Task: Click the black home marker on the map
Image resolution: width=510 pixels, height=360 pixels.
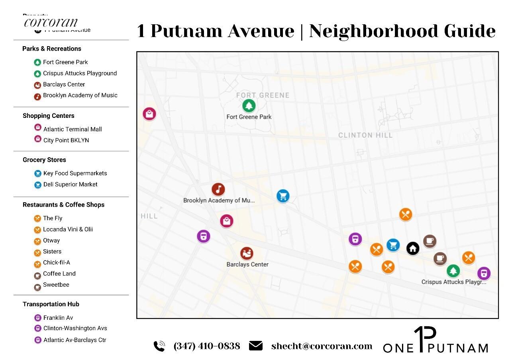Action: point(413,248)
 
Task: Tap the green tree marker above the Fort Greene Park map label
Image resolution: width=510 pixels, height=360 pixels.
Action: point(249,106)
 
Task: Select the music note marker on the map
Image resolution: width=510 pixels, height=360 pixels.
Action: point(218,190)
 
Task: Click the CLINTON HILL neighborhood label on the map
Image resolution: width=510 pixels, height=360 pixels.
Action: point(365,135)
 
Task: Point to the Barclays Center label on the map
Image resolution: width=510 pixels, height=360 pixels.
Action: point(247,264)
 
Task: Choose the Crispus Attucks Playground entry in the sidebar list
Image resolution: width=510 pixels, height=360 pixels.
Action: point(80,73)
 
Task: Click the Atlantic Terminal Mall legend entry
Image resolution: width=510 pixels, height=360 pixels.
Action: point(73,129)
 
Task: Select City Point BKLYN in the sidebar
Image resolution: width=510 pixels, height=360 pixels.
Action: point(66,140)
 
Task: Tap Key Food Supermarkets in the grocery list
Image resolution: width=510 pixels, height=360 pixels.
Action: point(75,173)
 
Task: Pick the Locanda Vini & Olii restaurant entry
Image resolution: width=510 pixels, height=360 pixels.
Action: point(68,229)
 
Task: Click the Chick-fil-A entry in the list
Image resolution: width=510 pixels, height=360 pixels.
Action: point(57,262)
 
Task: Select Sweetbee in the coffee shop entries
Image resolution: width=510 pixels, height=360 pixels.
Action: point(56,285)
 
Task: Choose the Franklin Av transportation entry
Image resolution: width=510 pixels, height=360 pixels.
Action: point(58,318)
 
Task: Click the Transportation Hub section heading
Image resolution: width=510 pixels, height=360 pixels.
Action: point(51,304)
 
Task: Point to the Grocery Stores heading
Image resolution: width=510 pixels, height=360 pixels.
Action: point(44,160)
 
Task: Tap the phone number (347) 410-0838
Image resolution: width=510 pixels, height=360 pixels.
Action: point(207,346)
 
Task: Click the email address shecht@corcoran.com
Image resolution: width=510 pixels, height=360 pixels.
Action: point(322,346)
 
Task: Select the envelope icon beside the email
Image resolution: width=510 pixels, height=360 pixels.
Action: point(256,346)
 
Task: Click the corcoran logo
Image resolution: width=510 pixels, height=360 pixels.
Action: point(51,22)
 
